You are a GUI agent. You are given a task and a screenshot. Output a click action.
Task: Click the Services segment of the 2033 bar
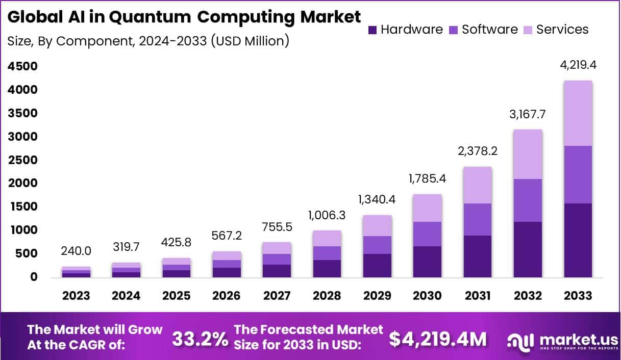coord(578,113)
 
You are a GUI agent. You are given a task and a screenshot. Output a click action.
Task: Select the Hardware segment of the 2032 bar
coord(528,249)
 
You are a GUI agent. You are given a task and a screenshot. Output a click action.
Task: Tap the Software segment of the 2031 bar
coord(478,219)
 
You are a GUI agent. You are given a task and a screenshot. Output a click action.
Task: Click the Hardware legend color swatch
coord(372,30)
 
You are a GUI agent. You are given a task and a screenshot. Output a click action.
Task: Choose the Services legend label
coord(562,30)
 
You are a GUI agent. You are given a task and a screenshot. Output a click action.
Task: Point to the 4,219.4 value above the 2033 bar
coord(578,65)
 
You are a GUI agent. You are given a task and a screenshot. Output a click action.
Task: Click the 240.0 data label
coord(77,251)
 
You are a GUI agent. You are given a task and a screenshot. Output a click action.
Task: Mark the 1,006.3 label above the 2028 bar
coord(327,215)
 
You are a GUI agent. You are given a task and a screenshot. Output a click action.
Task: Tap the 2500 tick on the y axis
coord(22,160)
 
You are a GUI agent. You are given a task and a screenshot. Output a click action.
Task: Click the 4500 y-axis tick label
coord(22,67)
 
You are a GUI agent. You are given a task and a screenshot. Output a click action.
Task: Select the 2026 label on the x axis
coord(227,296)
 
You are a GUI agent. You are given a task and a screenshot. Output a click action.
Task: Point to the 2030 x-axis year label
coord(427,296)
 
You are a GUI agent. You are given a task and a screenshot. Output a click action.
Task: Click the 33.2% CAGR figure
coord(200,339)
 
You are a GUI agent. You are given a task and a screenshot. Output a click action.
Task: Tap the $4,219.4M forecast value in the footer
coord(438,339)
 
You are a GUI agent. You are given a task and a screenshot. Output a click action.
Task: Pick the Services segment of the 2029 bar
coord(377,225)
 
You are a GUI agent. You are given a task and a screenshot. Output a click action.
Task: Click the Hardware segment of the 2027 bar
coord(277,271)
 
